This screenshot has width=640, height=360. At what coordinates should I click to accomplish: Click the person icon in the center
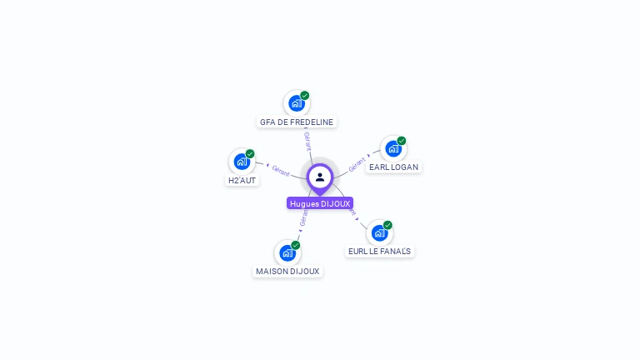pyautogui.click(x=320, y=177)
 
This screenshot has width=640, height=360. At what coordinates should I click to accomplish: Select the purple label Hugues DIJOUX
pyautogui.click(x=320, y=203)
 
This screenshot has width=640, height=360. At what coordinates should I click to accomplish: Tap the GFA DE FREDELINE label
pyautogui.click(x=297, y=122)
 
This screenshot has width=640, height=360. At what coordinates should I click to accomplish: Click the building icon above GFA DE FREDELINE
pyautogui.click(x=296, y=103)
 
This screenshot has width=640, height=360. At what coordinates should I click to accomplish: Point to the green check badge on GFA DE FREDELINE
pyautogui.click(x=305, y=96)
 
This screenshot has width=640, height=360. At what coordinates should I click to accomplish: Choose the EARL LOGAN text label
pyautogui.click(x=393, y=167)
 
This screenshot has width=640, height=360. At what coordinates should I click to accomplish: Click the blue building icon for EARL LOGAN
pyautogui.click(x=392, y=148)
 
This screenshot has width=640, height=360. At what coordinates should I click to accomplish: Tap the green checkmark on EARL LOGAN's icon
pyautogui.click(x=402, y=141)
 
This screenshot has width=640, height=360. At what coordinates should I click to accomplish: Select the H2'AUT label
pyautogui.click(x=242, y=180)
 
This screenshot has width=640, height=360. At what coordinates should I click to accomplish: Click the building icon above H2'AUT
pyautogui.click(x=241, y=161)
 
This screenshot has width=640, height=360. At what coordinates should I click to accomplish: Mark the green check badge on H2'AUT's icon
pyautogui.click(x=250, y=153)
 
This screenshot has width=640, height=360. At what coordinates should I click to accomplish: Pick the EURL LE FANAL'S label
pyautogui.click(x=380, y=251)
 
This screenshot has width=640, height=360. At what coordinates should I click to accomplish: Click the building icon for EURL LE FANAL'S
pyautogui.click(x=379, y=232)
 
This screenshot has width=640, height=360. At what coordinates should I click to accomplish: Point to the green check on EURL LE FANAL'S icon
pyautogui.click(x=388, y=225)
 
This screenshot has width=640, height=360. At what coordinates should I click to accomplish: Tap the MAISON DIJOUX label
pyautogui.click(x=287, y=271)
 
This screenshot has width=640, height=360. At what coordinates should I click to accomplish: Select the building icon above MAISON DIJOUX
pyautogui.click(x=287, y=252)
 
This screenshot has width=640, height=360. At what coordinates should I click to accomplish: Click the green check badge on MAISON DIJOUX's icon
pyautogui.click(x=296, y=245)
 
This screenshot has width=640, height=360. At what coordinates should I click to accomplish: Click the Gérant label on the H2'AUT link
pyautogui.click(x=281, y=171)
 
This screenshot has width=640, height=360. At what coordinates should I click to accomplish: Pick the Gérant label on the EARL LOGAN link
pyautogui.click(x=357, y=164)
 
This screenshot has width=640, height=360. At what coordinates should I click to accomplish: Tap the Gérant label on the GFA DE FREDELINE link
pyautogui.click(x=307, y=140)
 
